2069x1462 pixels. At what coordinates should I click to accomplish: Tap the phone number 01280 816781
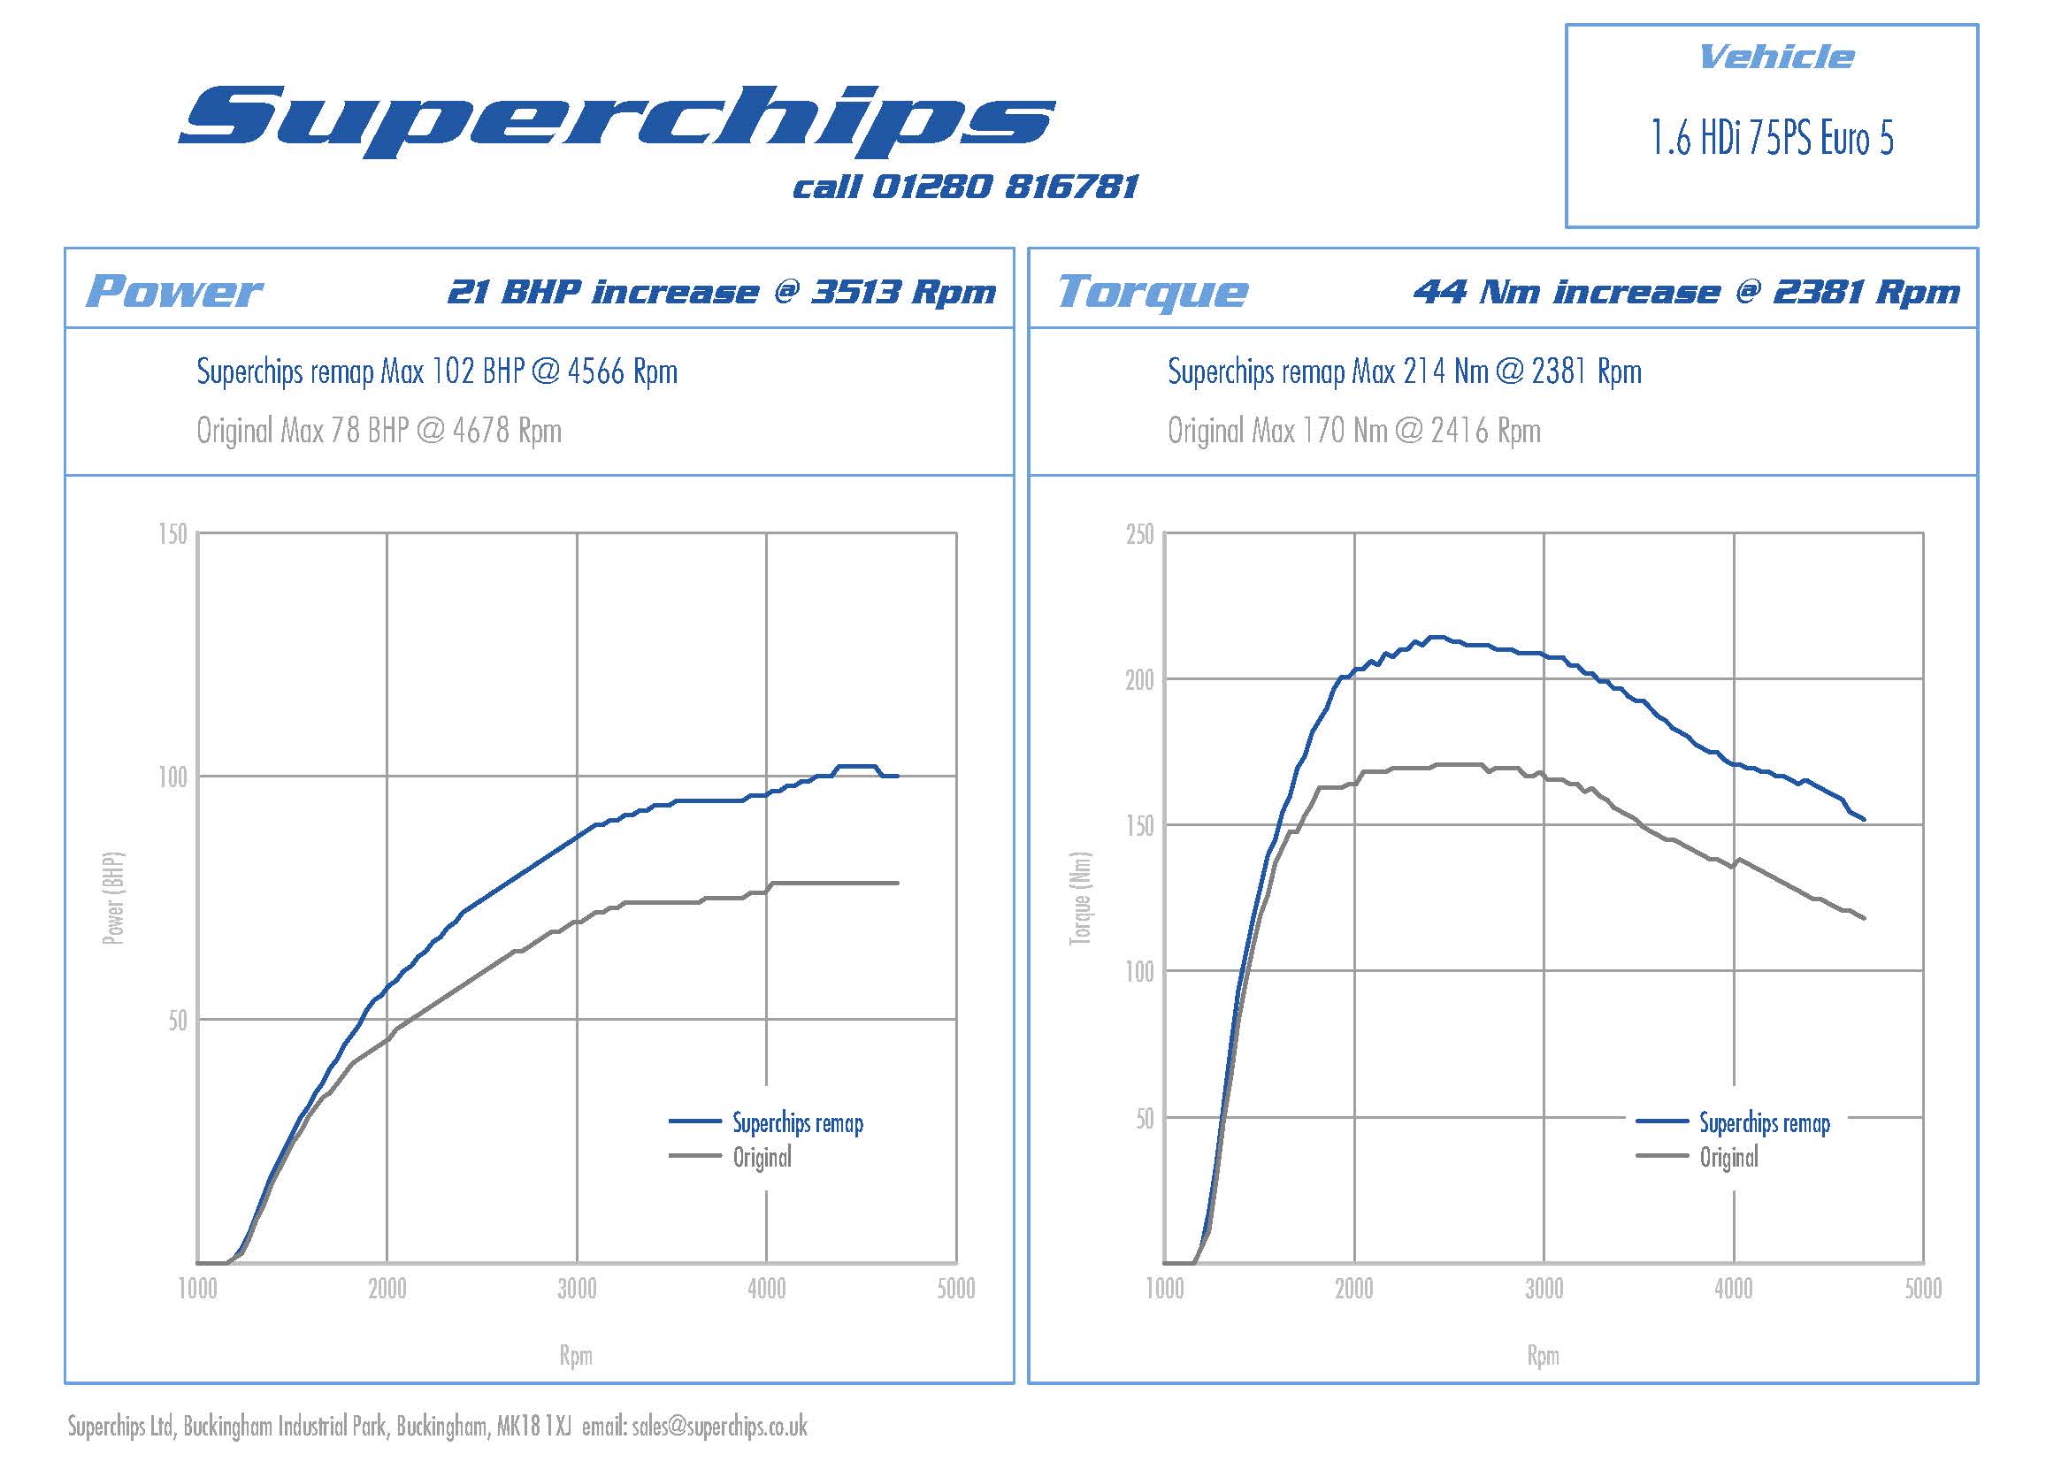tap(1005, 188)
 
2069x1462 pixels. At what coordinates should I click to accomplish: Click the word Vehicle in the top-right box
tap(1775, 57)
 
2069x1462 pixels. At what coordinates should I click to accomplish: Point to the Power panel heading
tap(174, 292)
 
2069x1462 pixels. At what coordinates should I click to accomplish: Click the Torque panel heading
tap(1153, 292)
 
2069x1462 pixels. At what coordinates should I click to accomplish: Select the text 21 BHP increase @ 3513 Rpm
tap(722, 292)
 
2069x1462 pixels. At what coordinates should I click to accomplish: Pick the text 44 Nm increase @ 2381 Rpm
tap(1686, 292)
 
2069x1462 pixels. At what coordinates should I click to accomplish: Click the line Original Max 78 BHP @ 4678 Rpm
tap(379, 431)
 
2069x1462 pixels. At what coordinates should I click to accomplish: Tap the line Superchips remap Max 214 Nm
tap(1404, 371)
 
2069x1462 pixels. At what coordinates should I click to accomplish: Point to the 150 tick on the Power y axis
tap(172, 534)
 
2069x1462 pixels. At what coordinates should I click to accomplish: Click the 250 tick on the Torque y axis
tap(1139, 534)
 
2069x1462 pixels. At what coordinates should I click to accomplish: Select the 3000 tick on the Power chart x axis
tap(577, 1289)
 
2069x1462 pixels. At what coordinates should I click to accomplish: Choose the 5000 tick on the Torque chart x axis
tap(1922, 1289)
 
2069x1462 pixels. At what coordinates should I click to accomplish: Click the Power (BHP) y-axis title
tap(113, 898)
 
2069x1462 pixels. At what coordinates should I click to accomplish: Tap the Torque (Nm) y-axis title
tap(1080, 898)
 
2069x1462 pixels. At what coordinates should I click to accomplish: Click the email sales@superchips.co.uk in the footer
tap(719, 1427)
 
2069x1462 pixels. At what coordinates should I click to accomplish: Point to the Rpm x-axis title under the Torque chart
tap(1543, 1356)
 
